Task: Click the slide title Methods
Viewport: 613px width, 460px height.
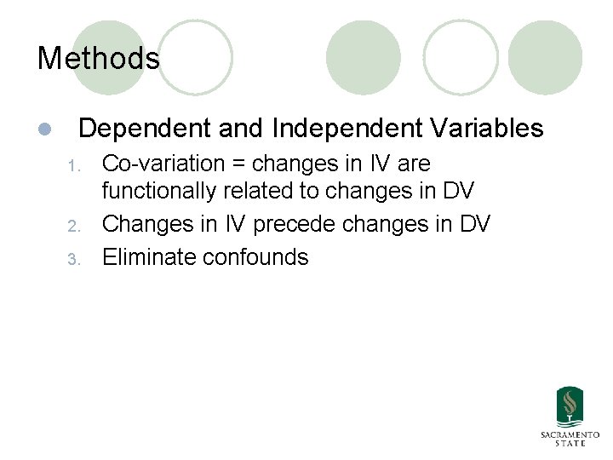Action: point(99,59)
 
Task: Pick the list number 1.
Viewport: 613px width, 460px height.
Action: point(74,164)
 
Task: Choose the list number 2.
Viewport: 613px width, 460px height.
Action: point(74,226)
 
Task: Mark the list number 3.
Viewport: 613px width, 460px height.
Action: point(74,258)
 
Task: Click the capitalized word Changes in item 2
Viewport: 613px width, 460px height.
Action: point(150,225)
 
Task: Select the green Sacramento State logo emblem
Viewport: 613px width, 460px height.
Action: point(570,406)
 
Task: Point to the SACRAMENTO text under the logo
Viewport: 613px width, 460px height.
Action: point(570,434)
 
